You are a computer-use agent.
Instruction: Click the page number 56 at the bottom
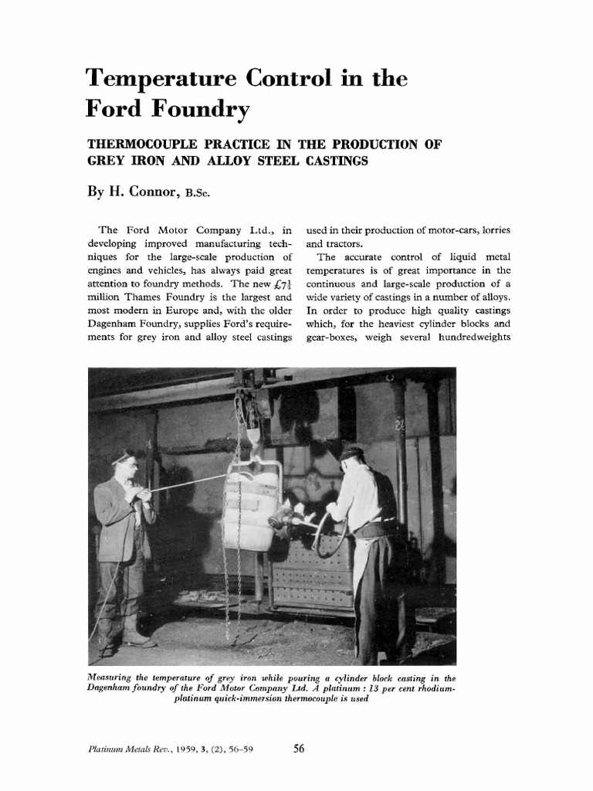point(302,748)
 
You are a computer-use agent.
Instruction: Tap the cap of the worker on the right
point(351,453)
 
